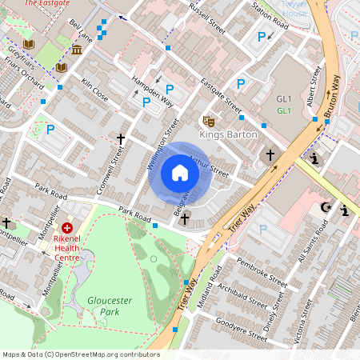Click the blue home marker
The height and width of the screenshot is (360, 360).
click(x=180, y=173)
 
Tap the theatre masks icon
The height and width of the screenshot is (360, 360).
click(x=208, y=122)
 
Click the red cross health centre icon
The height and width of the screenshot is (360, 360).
click(x=66, y=227)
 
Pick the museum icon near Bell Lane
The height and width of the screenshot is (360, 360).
click(x=76, y=50)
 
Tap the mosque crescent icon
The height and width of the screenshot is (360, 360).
click(x=325, y=208)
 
